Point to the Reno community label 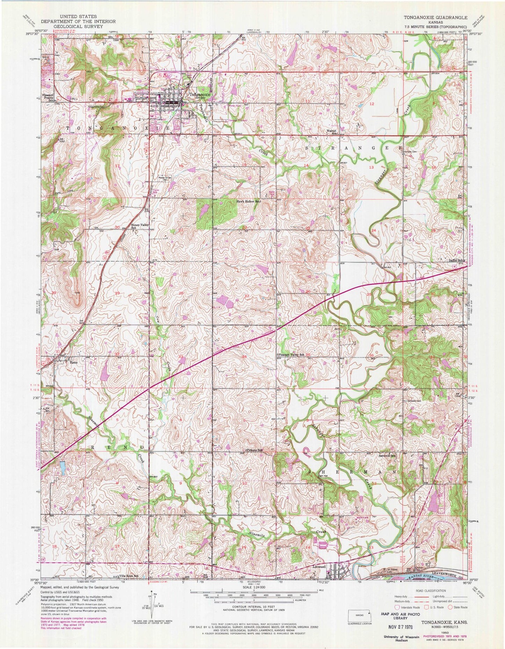click(x=73, y=362)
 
